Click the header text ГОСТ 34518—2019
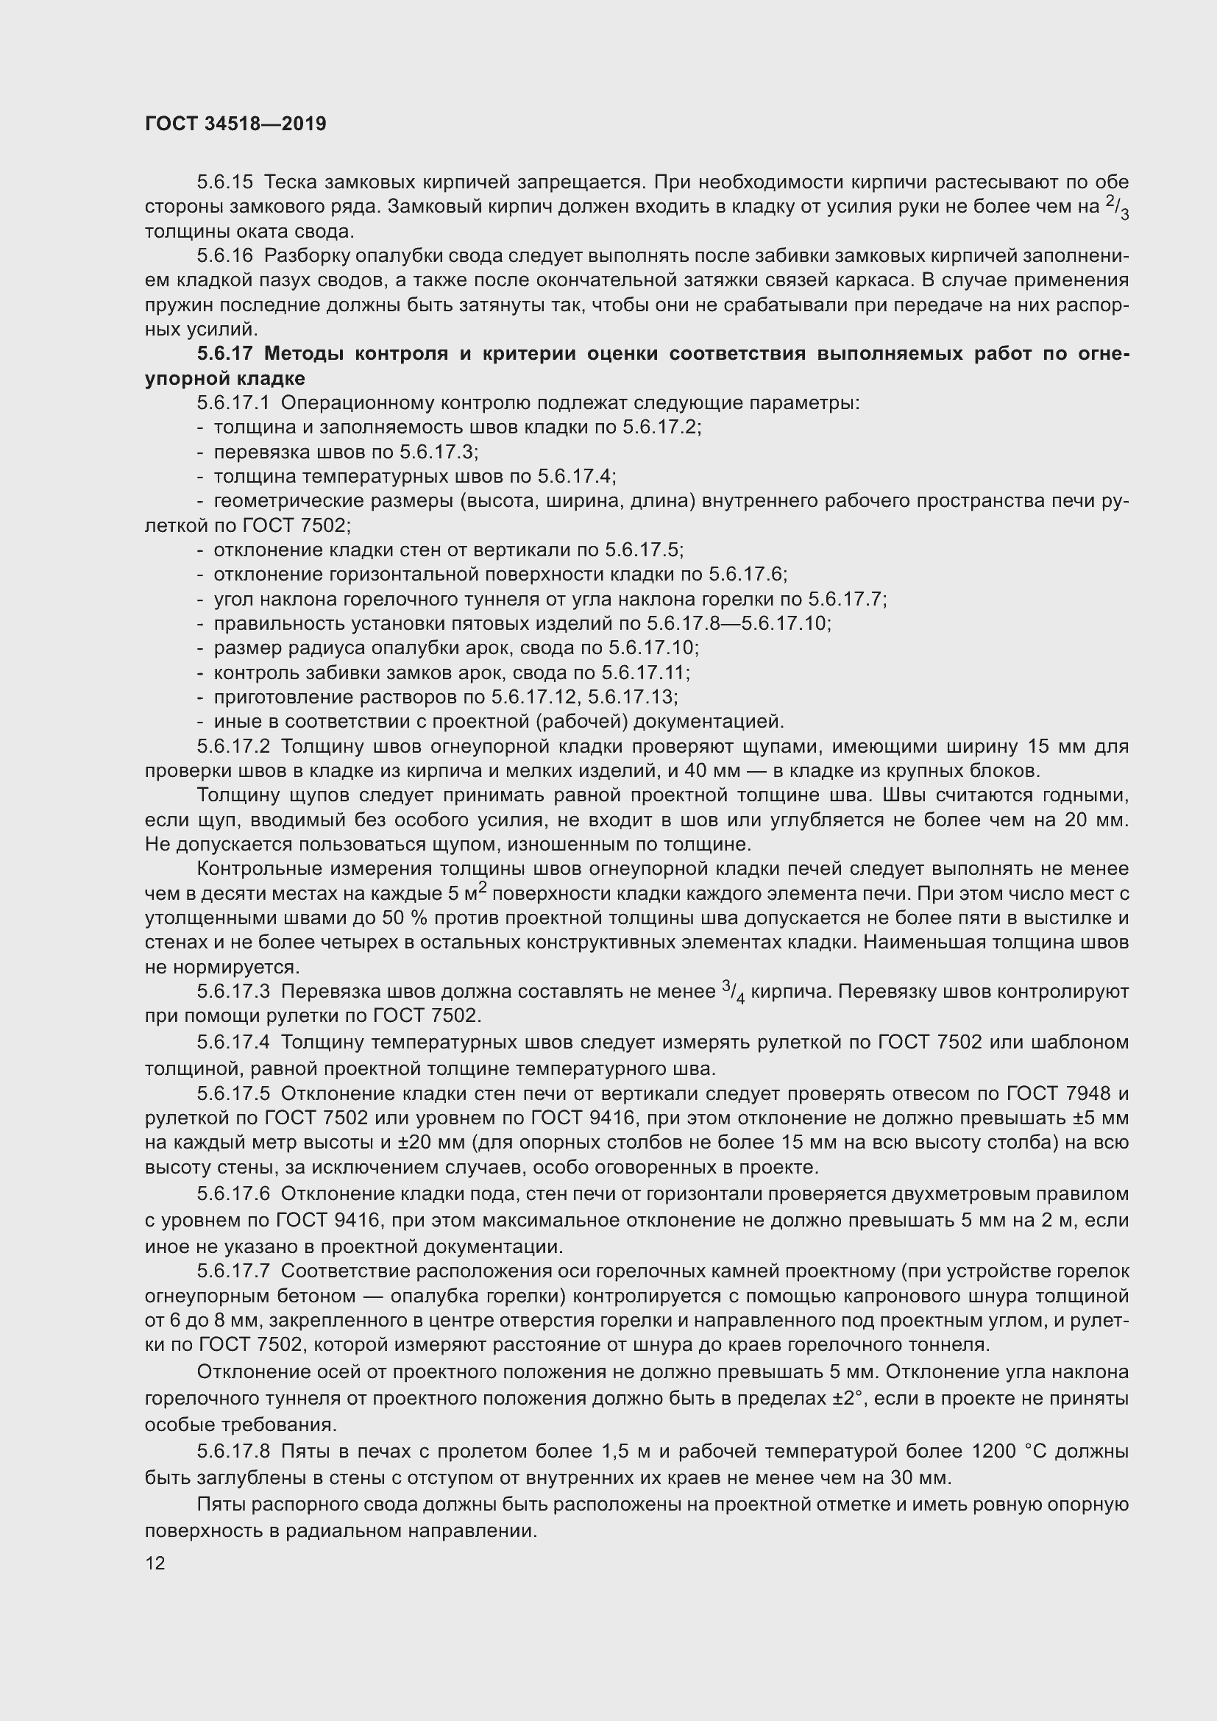click(x=235, y=124)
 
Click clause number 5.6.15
click(x=225, y=182)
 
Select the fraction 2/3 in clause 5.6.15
click(x=1118, y=207)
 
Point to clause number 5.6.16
click(x=225, y=255)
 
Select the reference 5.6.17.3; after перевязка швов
click(x=439, y=452)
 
